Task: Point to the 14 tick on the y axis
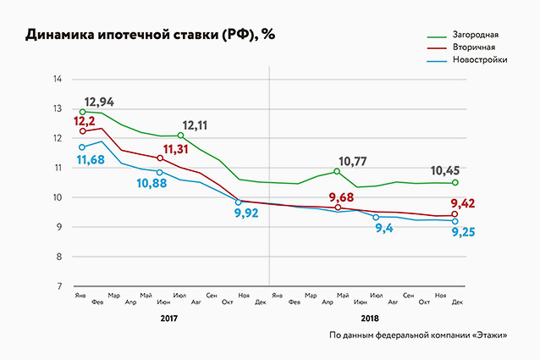pyautogui.click(x=58, y=80)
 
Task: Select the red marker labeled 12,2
pyautogui.click(x=83, y=131)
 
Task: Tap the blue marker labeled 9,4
pyautogui.click(x=376, y=218)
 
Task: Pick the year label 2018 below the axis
pyautogui.click(x=370, y=319)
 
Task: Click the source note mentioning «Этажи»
pyautogui.click(x=419, y=335)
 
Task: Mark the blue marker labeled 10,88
pyautogui.click(x=160, y=172)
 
